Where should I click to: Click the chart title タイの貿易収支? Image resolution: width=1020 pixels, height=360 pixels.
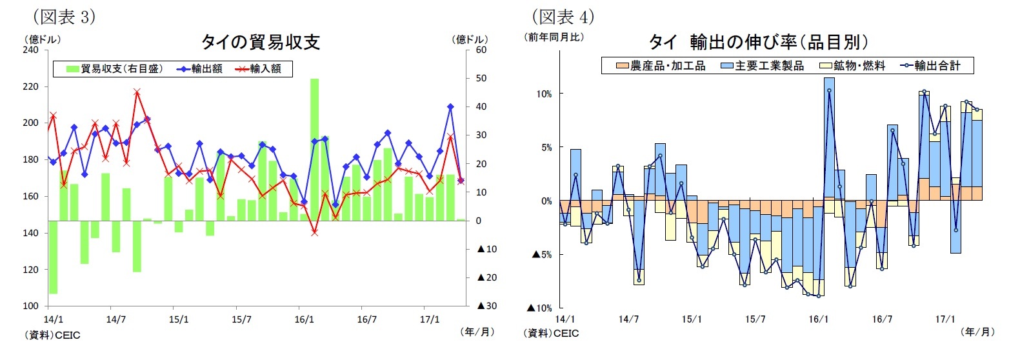click(260, 43)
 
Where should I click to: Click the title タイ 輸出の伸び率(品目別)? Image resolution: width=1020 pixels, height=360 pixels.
click(758, 43)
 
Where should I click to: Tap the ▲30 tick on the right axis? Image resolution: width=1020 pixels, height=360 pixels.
click(486, 306)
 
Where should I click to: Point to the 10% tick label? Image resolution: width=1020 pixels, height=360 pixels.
click(544, 94)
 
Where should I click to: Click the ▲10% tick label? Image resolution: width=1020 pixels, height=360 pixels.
click(542, 308)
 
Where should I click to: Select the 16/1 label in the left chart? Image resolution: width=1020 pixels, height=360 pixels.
click(305, 319)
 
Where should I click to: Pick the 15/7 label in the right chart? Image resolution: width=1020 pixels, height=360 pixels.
click(755, 319)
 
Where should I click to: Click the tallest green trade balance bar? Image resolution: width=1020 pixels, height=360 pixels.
click(314, 149)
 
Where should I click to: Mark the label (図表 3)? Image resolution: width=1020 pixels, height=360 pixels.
click(64, 16)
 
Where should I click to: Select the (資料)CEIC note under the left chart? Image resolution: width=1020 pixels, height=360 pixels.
click(52, 335)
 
